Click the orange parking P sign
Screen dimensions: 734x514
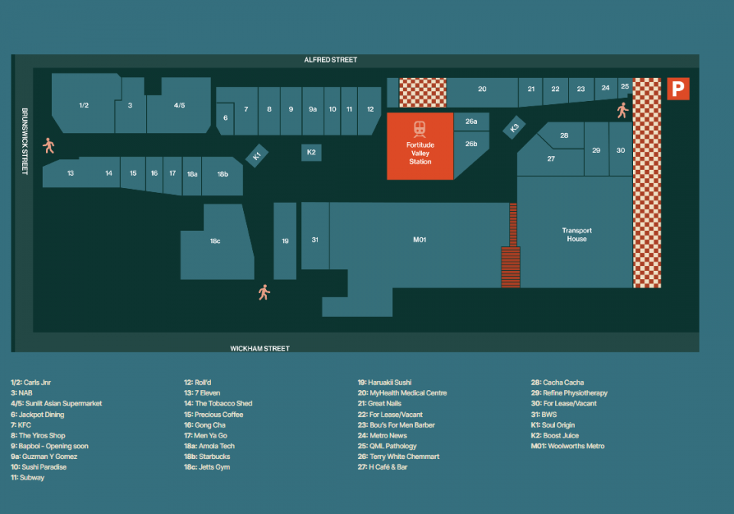[678, 89]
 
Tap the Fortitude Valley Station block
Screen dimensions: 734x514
[420, 146]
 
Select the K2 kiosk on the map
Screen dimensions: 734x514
[311, 152]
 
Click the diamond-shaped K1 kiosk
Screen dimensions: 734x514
[257, 155]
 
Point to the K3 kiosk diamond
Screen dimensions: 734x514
[514, 127]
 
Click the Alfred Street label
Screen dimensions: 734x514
[330, 60]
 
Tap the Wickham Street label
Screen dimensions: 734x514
[260, 348]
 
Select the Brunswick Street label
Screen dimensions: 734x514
[24, 142]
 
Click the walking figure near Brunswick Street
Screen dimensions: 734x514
[49, 145]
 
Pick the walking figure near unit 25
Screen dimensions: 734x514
[622, 110]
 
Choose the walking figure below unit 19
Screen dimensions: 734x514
[264, 293]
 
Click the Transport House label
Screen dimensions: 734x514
[576, 235]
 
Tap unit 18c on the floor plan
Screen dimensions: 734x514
[216, 242]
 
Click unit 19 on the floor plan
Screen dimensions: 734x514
[285, 241]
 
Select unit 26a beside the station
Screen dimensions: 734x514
[472, 122]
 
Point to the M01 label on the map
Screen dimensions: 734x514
[420, 239]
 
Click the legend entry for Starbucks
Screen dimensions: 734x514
[207, 457]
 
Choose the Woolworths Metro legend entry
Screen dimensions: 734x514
[567, 446]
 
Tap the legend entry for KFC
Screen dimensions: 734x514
[21, 425]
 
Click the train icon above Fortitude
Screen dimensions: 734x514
[420, 128]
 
